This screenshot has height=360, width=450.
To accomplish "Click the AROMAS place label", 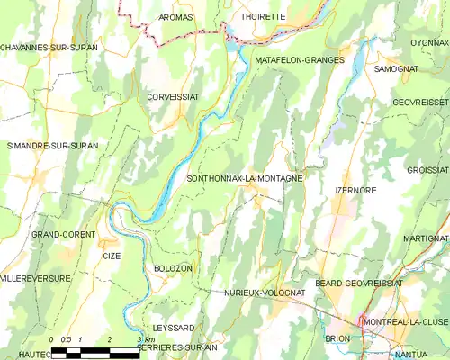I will [x=175, y=17].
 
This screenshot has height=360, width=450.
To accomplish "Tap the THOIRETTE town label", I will [x=262, y=17].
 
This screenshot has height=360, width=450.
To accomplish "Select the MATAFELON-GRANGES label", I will [x=300, y=59].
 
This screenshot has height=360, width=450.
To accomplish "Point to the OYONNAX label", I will [x=429, y=42].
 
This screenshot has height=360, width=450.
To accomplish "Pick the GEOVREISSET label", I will [x=421, y=103].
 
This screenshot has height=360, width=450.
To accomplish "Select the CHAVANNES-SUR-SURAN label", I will [x=43, y=47].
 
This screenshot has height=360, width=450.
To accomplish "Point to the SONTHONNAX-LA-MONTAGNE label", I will [x=243, y=178].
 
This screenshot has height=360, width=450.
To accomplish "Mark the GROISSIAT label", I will [x=427, y=169].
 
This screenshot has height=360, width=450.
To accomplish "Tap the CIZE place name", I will [x=112, y=256].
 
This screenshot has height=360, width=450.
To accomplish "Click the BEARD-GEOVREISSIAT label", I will [x=358, y=283].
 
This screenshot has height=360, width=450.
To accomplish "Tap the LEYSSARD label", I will [x=174, y=328].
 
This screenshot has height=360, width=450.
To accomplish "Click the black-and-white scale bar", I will [x=95, y=351].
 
